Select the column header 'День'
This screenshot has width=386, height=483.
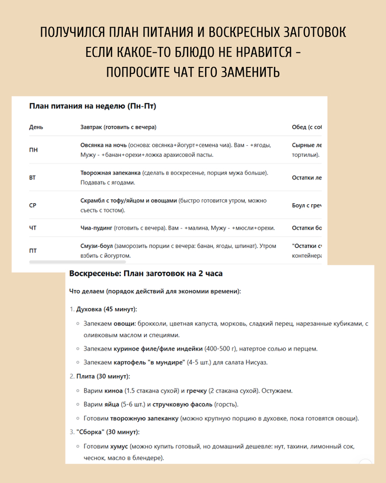point(36,127)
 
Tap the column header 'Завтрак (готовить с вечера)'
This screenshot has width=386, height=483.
point(119,127)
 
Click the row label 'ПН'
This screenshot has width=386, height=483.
point(34,150)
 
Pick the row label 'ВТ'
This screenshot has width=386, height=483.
point(33,178)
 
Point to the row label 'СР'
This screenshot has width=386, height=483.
point(33,205)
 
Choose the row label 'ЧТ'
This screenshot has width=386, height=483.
point(33,228)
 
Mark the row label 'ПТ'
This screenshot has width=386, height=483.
point(33,251)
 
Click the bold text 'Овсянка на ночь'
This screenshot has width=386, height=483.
point(103,145)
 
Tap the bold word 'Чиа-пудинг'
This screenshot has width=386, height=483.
point(97,228)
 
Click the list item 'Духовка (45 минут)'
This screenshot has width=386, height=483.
point(106,309)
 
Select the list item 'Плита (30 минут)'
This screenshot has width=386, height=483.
point(103,376)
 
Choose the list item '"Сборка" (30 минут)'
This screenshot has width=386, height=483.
point(108,432)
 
